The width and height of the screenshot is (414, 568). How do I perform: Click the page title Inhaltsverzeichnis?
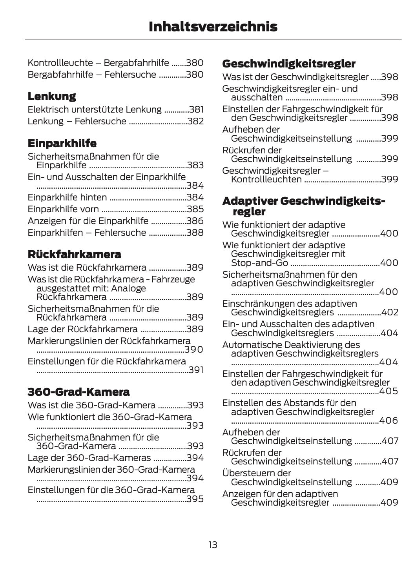213,27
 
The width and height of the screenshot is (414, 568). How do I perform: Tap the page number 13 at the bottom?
213,545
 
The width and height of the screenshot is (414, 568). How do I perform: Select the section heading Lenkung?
52,96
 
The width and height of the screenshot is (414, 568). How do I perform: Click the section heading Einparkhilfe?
62,143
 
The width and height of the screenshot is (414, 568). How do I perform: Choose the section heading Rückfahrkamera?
74,254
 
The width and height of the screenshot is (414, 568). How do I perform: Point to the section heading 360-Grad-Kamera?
78,392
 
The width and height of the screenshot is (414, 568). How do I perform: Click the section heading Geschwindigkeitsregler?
289,64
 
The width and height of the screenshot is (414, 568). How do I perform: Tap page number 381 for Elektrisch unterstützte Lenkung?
196,109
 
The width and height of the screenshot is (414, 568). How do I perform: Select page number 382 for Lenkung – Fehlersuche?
195,121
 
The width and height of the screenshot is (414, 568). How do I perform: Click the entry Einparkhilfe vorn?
63,209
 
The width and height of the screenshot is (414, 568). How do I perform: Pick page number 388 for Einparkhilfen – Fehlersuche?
195,233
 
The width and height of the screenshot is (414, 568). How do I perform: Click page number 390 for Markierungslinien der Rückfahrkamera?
194,350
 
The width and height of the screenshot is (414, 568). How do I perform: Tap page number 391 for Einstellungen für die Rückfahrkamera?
196,370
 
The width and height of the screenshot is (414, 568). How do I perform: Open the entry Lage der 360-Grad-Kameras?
89,458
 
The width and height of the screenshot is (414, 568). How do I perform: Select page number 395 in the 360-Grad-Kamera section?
195,499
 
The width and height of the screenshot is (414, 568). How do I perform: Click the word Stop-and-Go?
259,263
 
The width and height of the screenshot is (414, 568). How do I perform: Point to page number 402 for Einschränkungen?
390,312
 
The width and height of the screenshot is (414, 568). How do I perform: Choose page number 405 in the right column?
389,391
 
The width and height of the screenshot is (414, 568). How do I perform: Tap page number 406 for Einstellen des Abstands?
389,421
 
